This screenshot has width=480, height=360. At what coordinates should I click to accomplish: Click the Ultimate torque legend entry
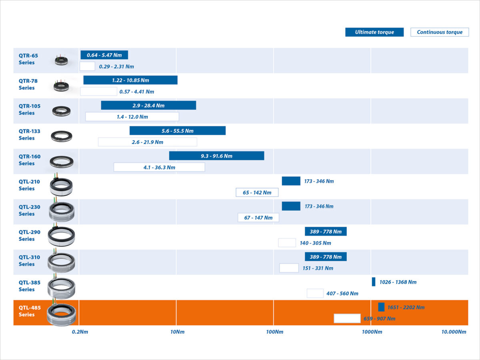[374, 32]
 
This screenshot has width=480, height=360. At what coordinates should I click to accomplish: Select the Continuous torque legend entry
[440, 32]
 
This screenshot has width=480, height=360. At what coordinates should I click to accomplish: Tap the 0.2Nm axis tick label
[80, 332]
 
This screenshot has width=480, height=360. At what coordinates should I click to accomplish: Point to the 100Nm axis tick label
[274, 332]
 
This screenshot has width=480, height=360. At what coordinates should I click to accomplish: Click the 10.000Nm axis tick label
[454, 332]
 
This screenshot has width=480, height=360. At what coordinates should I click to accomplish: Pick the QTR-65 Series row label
[28, 59]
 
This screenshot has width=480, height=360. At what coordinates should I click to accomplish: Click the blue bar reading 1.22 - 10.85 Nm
[130, 80]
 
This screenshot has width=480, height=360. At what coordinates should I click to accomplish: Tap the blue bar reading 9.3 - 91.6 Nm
[216, 156]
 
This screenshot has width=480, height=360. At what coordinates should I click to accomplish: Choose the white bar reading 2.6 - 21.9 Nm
[148, 142]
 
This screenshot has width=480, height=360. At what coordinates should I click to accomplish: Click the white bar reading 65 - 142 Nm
[257, 192]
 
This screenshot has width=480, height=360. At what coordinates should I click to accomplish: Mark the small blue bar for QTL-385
[374, 282]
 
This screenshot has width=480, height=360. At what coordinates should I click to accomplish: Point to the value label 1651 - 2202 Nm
[406, 308]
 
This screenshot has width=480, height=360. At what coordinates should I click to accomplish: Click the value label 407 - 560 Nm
[342, 294]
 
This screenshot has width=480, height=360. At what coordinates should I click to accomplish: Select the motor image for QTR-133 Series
[62, 136]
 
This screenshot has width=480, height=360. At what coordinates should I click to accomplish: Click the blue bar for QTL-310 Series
[326, 257]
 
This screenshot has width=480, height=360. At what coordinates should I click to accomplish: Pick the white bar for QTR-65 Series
[87, 66]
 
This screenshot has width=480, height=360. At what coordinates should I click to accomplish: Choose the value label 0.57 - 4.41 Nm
[137, 92]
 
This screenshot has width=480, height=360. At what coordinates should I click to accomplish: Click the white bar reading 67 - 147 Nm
[258, 218]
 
